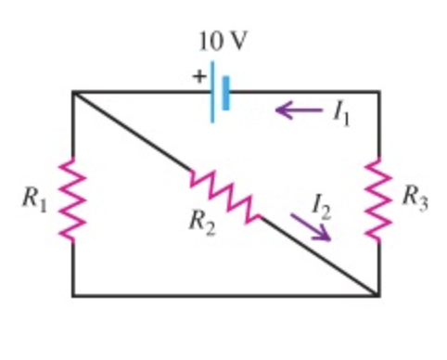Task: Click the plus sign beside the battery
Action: coord(198,78)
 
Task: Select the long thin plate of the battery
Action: coord(212,91)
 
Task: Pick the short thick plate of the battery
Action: coord(225,91)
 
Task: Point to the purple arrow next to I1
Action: coord(297,112)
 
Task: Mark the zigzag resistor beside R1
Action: coord(72,199)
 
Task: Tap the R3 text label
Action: coord(415,198)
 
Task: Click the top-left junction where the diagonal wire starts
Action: coord(73,92)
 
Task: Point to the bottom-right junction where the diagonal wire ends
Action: coord(378,296)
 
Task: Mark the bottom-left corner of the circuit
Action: coord(73,296)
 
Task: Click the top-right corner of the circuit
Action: coord(378,92)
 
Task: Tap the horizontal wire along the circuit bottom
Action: coord(223,296)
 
